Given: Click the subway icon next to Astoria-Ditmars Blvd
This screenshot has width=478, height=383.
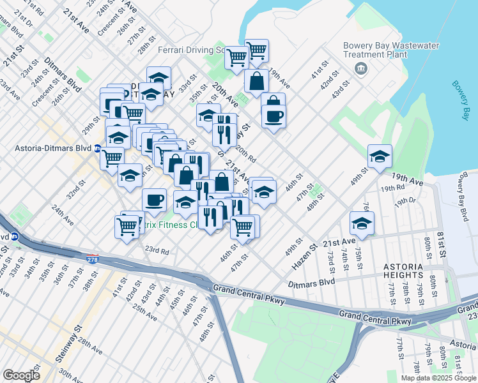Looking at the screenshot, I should (x=98, y=149).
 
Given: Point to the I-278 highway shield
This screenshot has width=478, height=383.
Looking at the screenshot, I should (x=92, y=259).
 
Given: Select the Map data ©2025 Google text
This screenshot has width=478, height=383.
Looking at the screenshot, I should (x=438, y=378).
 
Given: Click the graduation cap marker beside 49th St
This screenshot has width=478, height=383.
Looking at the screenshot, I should (x=380, y=157).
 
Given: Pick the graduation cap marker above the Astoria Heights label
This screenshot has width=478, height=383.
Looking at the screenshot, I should (x=362, y=223).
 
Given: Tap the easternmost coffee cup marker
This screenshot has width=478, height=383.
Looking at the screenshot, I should (x=274, y=117).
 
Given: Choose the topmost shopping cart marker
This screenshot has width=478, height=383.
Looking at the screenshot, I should (x=256, y=50).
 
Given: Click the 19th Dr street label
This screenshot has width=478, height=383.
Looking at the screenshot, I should (x=405, y=201).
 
